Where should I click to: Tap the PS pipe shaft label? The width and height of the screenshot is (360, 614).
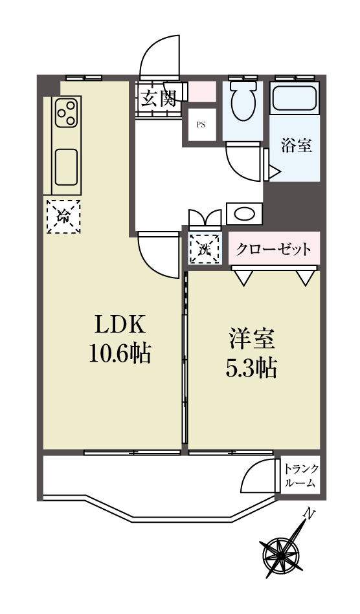click(201, 126)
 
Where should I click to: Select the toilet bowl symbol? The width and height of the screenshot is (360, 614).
click(243, 101)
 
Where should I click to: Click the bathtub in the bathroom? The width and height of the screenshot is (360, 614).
click(295, 98)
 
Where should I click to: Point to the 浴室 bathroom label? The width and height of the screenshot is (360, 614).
click(297, 146)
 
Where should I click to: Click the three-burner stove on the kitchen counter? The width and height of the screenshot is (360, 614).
click(66, 113)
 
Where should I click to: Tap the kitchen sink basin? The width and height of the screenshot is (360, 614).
click(66, 167)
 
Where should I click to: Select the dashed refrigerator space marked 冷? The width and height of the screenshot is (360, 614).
click(63, 217)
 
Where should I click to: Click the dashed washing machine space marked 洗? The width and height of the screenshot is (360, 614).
click(204, 249)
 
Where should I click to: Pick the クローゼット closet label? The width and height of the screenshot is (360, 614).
click(274, 248)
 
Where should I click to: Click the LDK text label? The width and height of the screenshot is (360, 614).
click(118, 325)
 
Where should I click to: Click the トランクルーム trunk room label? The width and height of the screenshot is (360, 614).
click(301, 476)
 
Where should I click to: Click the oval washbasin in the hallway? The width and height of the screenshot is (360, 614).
click(245, 214)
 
